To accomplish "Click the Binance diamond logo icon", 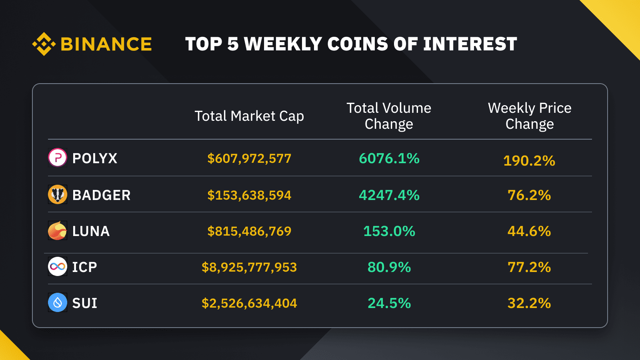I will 44,44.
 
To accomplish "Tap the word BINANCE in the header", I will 106,44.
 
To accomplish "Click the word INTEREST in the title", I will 470,44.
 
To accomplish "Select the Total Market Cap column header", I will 249,116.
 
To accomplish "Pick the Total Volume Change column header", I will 389,116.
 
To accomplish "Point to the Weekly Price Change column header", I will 530,116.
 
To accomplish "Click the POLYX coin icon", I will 58,158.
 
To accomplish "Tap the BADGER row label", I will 101,195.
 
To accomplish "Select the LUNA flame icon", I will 58,231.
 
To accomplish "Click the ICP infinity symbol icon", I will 58,266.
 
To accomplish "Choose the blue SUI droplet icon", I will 58,302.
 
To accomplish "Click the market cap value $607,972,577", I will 249,158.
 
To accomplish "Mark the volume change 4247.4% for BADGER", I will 389,195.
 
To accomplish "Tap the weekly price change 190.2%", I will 529,161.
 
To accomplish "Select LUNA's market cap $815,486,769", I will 249,231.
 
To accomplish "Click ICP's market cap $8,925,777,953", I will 249,267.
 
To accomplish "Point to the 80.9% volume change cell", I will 389,267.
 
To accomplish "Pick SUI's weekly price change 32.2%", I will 529,303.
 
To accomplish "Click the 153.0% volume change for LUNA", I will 389,231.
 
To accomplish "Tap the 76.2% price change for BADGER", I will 529,195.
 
